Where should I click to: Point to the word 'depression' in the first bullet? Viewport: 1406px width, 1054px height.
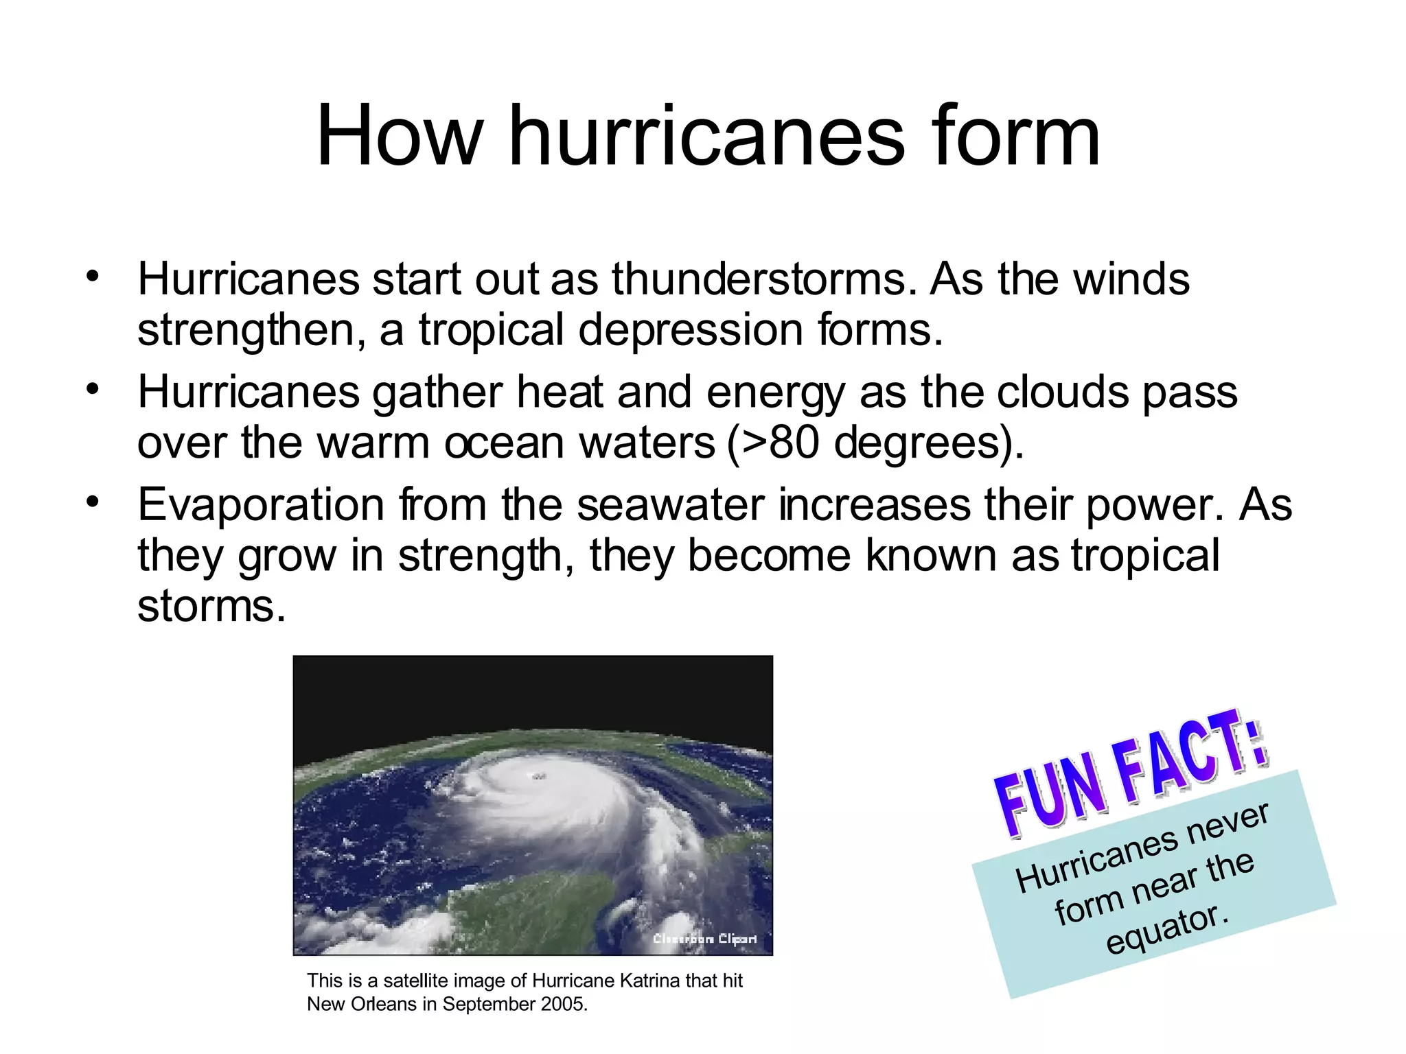point(691,330)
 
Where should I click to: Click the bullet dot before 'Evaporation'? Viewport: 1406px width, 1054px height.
point(93,502)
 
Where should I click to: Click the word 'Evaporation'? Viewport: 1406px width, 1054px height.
point(261,505)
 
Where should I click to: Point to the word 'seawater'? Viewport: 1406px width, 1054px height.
point(670,505)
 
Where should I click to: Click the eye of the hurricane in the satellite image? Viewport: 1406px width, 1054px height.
point(537,776)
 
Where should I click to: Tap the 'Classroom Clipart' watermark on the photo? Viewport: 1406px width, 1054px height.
point(704,939)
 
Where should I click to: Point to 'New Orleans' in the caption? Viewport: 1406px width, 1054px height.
point(362,1004)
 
